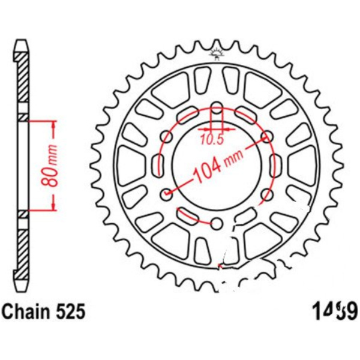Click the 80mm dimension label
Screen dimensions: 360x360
53,165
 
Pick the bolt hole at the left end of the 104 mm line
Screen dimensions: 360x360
167,194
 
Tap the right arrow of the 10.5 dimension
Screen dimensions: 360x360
230,128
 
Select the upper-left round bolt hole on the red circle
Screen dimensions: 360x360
167,137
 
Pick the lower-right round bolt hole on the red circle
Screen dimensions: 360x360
266,194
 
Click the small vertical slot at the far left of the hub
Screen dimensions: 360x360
160,165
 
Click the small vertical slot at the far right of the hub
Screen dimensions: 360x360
275,165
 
